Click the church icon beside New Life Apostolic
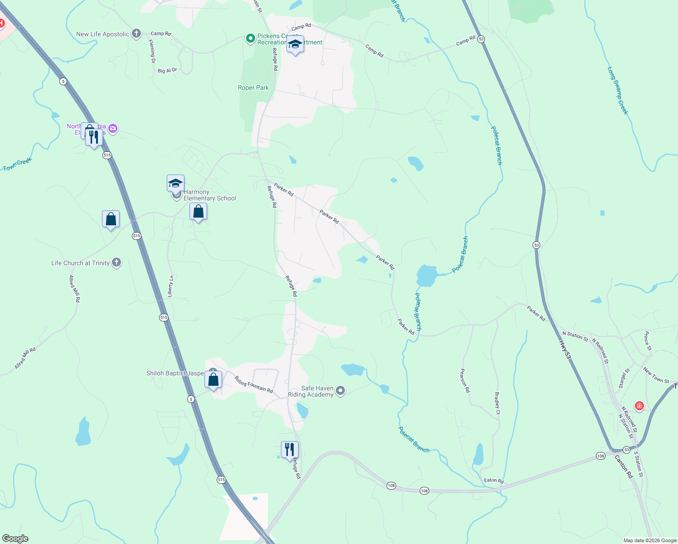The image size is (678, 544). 136,34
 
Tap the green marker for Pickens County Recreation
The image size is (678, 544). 250,39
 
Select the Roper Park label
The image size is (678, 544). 253,87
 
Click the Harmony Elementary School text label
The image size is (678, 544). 210,195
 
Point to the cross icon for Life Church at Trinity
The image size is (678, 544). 116,262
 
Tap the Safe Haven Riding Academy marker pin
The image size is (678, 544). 341,391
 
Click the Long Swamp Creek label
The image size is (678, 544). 618,91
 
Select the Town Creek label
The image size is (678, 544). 17,165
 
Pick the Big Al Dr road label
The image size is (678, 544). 167,70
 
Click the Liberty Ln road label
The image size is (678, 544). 170,286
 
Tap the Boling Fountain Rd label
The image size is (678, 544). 254,384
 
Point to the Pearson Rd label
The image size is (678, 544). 465,380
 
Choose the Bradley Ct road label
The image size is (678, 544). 497,403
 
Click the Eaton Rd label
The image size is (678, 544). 494,481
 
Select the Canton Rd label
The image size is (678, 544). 624,466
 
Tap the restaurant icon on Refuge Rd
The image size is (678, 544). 290,450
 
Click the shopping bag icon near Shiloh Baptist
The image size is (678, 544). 213,379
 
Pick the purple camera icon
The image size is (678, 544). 113,129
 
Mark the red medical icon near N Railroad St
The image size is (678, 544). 639,406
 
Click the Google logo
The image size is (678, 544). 15,539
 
